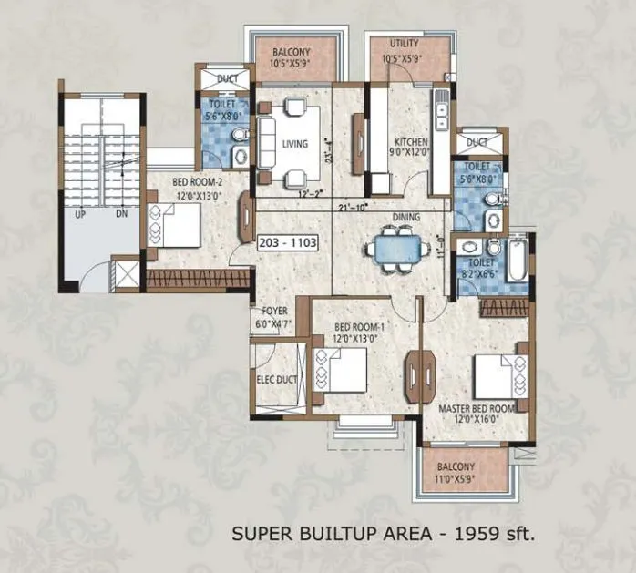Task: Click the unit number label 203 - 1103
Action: click(288, 243)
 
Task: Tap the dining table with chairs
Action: click(395, 249)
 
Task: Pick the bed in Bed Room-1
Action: click(339, 369)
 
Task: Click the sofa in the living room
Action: click(266, 143)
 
